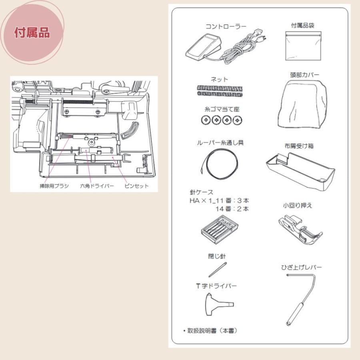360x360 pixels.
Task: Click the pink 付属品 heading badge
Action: [x=32, y=32]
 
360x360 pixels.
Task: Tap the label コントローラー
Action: [x=226, y=27]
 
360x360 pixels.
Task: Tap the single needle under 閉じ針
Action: [x=218, y=270]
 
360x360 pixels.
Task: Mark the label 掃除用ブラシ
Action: [x=54, y=186]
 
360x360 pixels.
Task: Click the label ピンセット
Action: [x=136, y=186]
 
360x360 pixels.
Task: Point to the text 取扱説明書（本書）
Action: [x=210, y=331]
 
